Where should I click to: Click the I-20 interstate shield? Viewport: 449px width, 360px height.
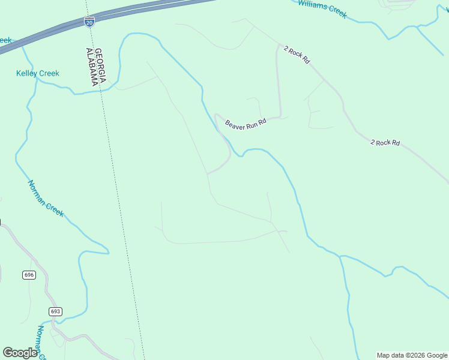click(x=89, y=22)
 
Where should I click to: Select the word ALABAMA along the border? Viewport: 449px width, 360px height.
click(x=92, y=67)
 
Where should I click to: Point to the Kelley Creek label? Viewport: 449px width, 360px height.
click(x=37, y=73)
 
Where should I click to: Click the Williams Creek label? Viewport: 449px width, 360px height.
click(x=322, y=8)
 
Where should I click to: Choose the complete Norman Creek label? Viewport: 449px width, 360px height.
click(x=46, y=198)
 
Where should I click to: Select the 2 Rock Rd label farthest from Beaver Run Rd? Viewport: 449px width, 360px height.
click(x=385, y=142)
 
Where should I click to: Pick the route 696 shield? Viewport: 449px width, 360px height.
click(x=29, y=275)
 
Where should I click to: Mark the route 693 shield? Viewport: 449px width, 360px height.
click(x=55, y=311)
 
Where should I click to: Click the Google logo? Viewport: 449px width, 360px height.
click(x=20, y=353)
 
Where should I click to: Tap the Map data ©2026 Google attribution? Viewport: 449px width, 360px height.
click(x=412, y=355)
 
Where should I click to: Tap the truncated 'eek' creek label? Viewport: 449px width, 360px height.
click(x=5, y=40)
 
